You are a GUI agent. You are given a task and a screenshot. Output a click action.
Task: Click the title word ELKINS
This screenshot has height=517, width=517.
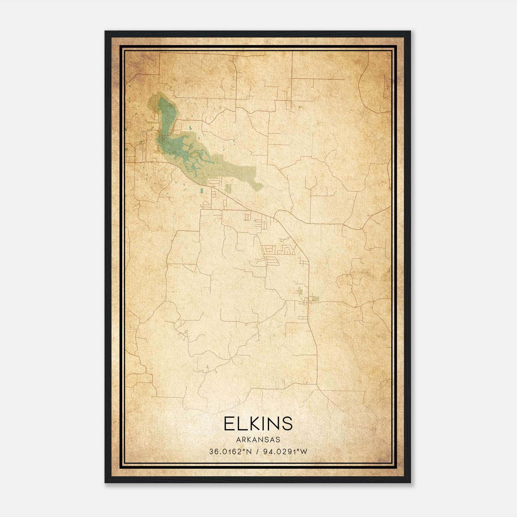pyautogui.click(x=258, y=424)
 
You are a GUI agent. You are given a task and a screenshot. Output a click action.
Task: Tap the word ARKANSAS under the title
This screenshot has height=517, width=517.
pyautogui.click(x=258, y=440)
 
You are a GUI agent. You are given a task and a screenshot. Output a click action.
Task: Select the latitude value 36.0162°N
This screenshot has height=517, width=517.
pyautogui.click(x=230, y=452)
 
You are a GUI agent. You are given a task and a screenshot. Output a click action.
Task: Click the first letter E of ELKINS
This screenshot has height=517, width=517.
pyautogui.click(x=229, y=424)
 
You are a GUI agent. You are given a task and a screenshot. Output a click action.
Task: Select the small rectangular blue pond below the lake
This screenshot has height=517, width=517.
pyautogui.click(x=202, y=191)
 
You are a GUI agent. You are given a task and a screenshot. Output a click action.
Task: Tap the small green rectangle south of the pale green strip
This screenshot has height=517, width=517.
pyautogui.click(x=228, y=189)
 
